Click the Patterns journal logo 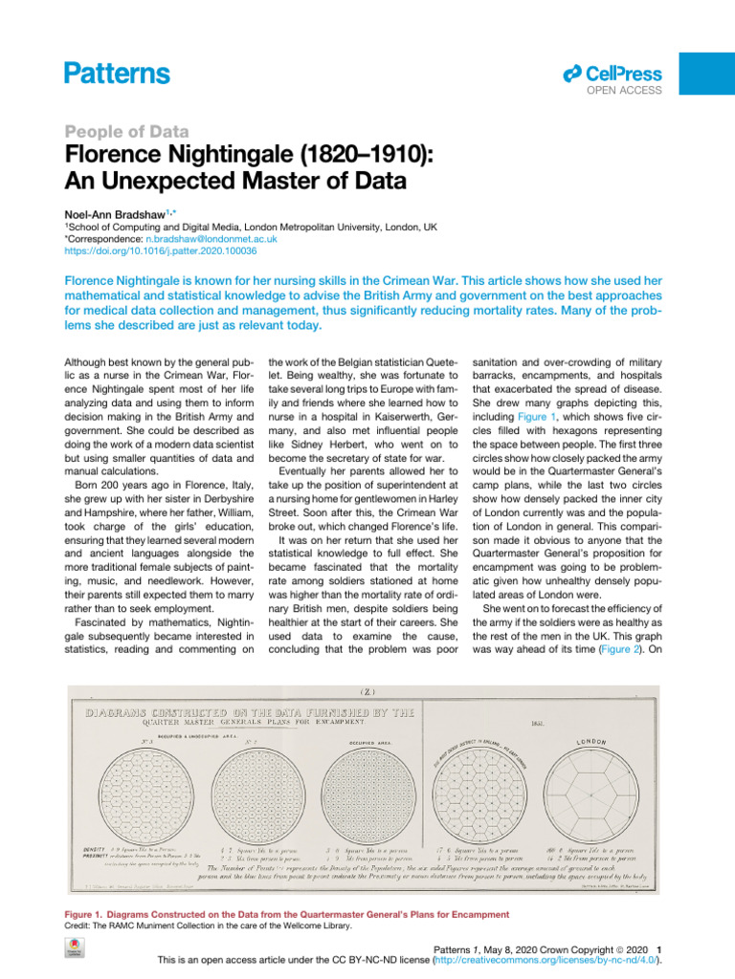click(x=117, y=74)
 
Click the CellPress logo click(x=613, y=73)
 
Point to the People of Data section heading click(x=125, y=132)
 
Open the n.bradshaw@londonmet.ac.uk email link click(x=216, y=239)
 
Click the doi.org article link click(x=159, y=251)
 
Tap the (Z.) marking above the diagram click(x=367, y=691)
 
